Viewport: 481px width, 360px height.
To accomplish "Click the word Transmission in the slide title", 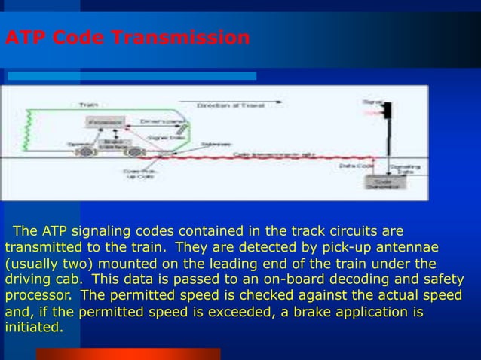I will pyautogui.click(x=180, y=38).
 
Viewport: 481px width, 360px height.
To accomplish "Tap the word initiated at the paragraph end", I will pyautogui.click(x=34, y=328).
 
